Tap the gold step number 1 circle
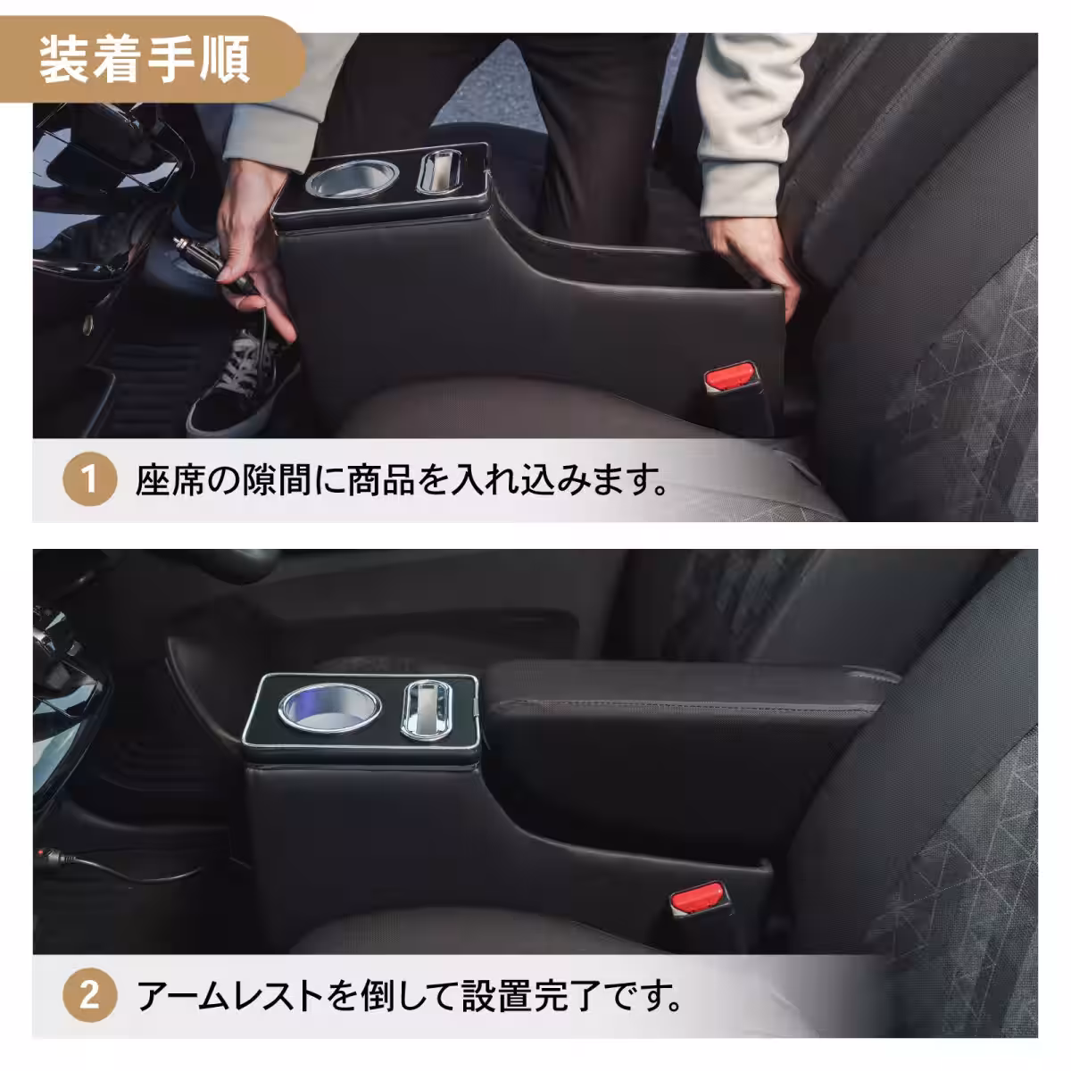click(90, 480)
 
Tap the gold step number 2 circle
click(90, 996)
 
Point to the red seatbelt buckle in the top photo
click(729, 378)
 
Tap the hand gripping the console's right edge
click(750, 254)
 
